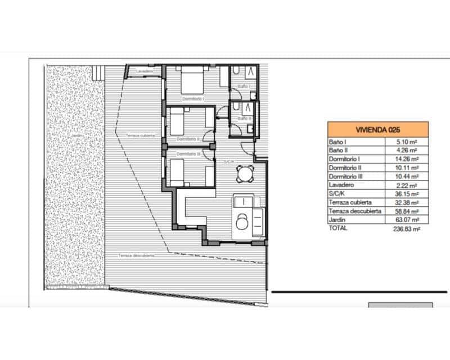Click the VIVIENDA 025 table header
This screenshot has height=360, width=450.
pos(377,129)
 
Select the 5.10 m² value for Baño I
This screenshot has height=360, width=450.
pos(406,142)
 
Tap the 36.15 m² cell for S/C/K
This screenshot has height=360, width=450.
pos(406,194)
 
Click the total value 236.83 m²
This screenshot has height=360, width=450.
pos(406,229)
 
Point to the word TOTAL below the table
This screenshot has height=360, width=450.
pos(338,228)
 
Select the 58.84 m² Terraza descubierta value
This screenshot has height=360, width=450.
pos(406,211)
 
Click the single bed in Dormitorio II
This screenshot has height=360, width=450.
pos(177,119)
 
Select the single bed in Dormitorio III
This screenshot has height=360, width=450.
pos(178,172)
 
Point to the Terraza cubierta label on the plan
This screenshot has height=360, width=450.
pos(140,136)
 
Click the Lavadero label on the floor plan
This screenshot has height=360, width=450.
pos(144,71)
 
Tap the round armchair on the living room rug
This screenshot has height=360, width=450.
pos(242,223)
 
